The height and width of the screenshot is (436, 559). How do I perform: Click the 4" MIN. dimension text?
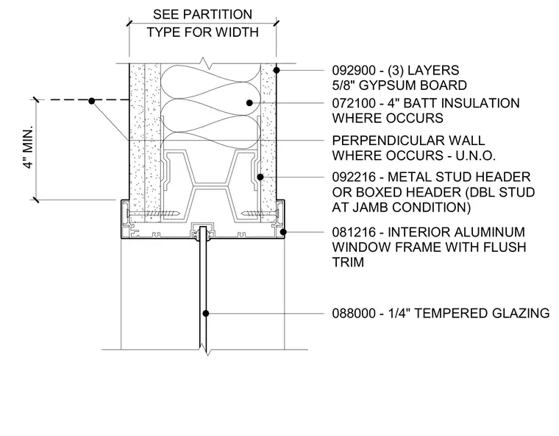tap(28, 147)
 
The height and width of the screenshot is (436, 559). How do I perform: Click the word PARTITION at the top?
tap(219, 15)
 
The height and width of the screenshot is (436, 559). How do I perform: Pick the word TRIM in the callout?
tap(348, 262)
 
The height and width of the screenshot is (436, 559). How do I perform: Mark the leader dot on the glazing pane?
tap(206, 314)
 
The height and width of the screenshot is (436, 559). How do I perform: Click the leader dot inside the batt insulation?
tap(249, 103)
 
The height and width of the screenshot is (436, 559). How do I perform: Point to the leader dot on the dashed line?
tap(92, 101)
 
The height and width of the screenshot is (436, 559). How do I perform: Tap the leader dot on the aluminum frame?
tap(283, 232)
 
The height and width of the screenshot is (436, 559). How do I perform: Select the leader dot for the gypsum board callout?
tap(277, 71)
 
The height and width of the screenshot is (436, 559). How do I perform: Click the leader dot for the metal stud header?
tap(260, 177)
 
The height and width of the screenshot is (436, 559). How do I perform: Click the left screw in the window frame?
tap(153, 214)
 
